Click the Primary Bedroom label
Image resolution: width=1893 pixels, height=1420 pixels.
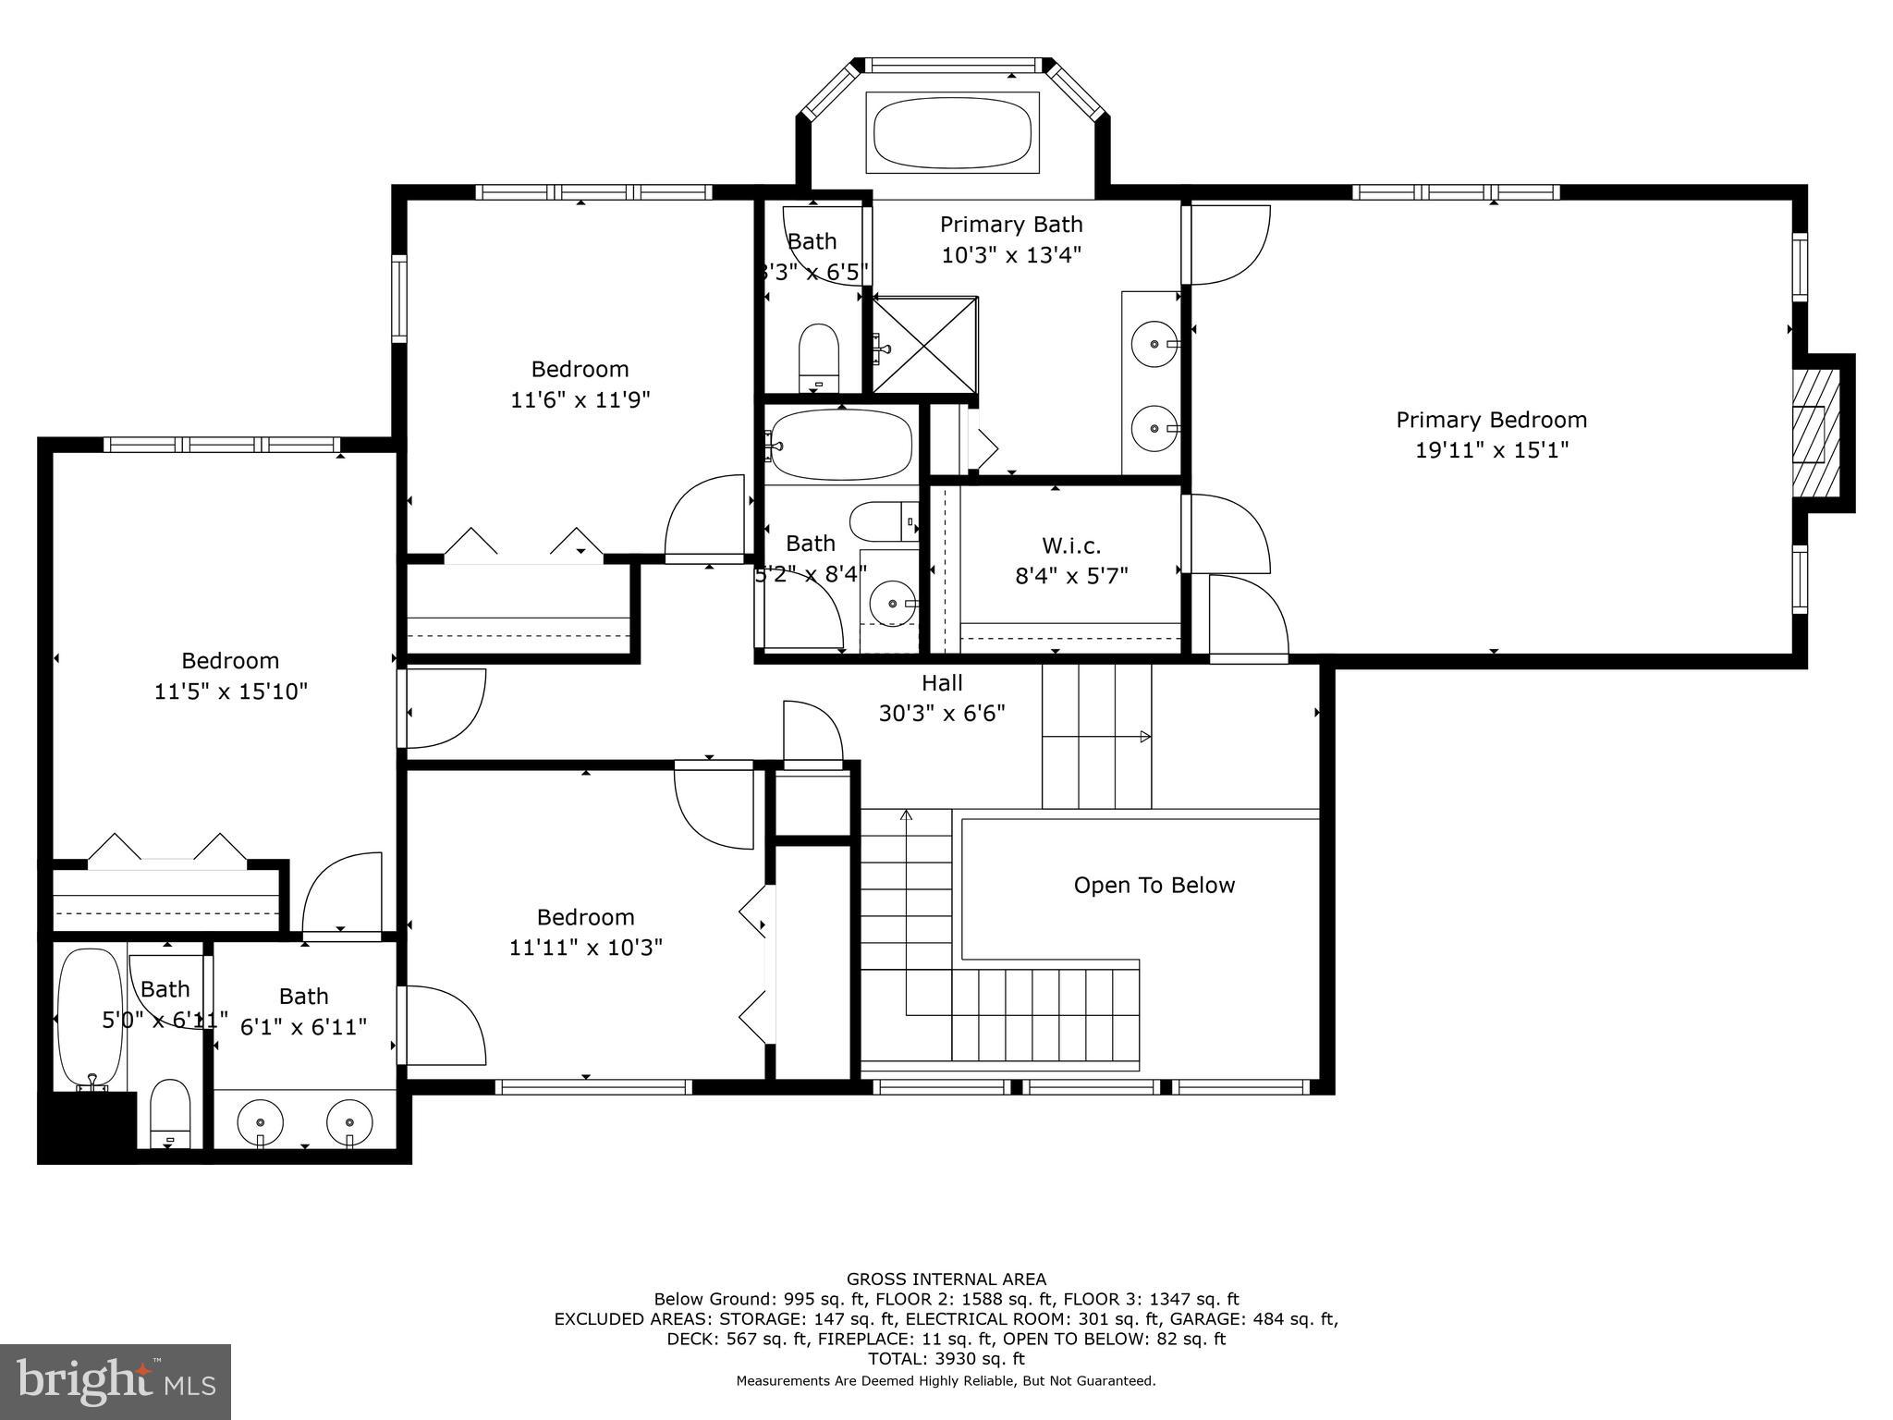coord(1491,420)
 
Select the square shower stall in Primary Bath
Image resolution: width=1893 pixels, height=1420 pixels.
coord(924,344)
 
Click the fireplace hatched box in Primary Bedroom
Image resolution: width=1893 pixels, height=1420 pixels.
coord(1808,434)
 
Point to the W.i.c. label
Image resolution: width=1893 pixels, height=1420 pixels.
coord(1071,545)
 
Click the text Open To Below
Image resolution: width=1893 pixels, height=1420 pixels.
coord(1154,886)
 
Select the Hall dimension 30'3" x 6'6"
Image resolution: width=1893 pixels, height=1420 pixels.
coord(941,714)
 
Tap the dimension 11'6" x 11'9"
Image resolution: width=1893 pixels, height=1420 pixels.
coord(580,400)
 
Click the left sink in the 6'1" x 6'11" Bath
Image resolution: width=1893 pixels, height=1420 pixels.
coord(260,1121)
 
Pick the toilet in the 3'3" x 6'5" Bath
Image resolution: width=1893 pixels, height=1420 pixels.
coord(818,357)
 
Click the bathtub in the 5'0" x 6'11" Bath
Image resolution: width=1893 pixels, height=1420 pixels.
coord(90,1017)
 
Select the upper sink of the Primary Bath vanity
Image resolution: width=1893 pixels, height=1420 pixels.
coord(1154,344)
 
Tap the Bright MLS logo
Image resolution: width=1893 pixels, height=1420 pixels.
coord(116,1381)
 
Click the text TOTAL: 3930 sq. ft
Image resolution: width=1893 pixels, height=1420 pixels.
coord(946,1359)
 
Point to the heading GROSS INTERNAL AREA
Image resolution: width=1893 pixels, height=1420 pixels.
coord(946,1279)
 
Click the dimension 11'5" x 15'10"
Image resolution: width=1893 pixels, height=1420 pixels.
coord(230,692)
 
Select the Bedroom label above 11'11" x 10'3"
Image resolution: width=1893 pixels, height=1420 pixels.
coord(585,917)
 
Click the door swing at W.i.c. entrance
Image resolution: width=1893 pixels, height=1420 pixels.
coord(1229,534)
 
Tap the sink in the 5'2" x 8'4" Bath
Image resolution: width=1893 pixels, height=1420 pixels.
coord(892,604)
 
